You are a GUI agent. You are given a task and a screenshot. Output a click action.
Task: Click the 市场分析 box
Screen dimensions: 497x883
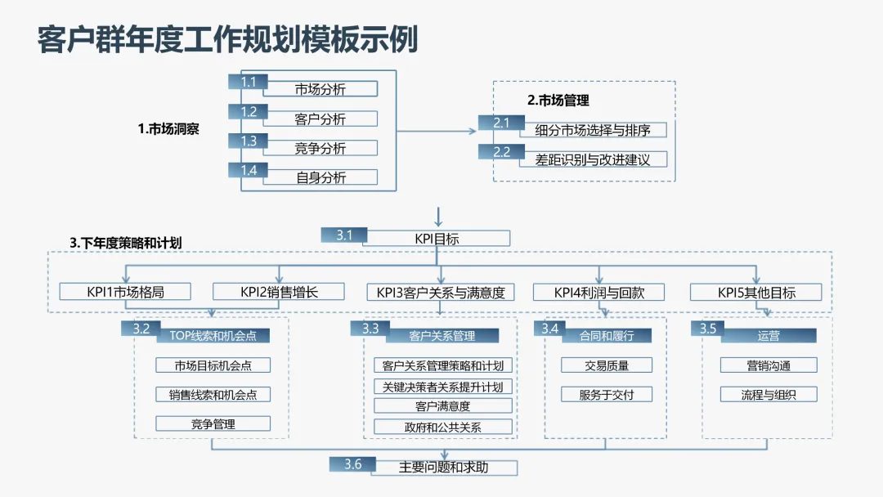click(320, 89)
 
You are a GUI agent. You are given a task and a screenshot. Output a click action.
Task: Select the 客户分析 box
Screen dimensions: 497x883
click(320, 119)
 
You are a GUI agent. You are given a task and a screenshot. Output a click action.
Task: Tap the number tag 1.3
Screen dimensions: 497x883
click(249, 141)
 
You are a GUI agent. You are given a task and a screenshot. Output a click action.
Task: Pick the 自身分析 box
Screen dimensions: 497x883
click(320, 177)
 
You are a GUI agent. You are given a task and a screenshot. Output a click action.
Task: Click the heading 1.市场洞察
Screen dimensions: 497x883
click(168, 129)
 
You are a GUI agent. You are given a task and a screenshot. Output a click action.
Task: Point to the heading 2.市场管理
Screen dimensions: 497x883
click(558, 101)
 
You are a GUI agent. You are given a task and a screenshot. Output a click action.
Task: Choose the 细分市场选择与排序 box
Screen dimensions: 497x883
click(593, 130)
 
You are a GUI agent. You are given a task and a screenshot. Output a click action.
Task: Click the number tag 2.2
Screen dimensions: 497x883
click(502, 152)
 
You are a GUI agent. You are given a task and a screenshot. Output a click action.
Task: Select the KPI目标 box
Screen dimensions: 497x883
click(437, 239)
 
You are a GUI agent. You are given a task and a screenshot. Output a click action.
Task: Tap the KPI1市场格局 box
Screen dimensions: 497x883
click(125, 292)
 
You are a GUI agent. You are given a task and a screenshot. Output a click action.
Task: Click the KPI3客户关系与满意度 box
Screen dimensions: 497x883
click(441, 292)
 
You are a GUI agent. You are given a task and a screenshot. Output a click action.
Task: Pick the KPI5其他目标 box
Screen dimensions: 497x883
click(756, 292)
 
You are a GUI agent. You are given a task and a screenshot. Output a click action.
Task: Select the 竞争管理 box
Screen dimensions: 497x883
click(213, 423)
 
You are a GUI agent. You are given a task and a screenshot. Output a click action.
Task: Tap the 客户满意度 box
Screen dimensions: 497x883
click(442, 405)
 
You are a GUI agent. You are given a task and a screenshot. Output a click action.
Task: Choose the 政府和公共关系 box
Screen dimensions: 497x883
click(442, 427)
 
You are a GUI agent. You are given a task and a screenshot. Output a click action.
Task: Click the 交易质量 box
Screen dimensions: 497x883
click(606, 365)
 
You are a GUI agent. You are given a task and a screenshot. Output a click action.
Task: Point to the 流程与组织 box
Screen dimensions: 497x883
click(768, 395)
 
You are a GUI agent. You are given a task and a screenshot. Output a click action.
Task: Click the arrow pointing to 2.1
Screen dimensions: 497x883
click(480, 129)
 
